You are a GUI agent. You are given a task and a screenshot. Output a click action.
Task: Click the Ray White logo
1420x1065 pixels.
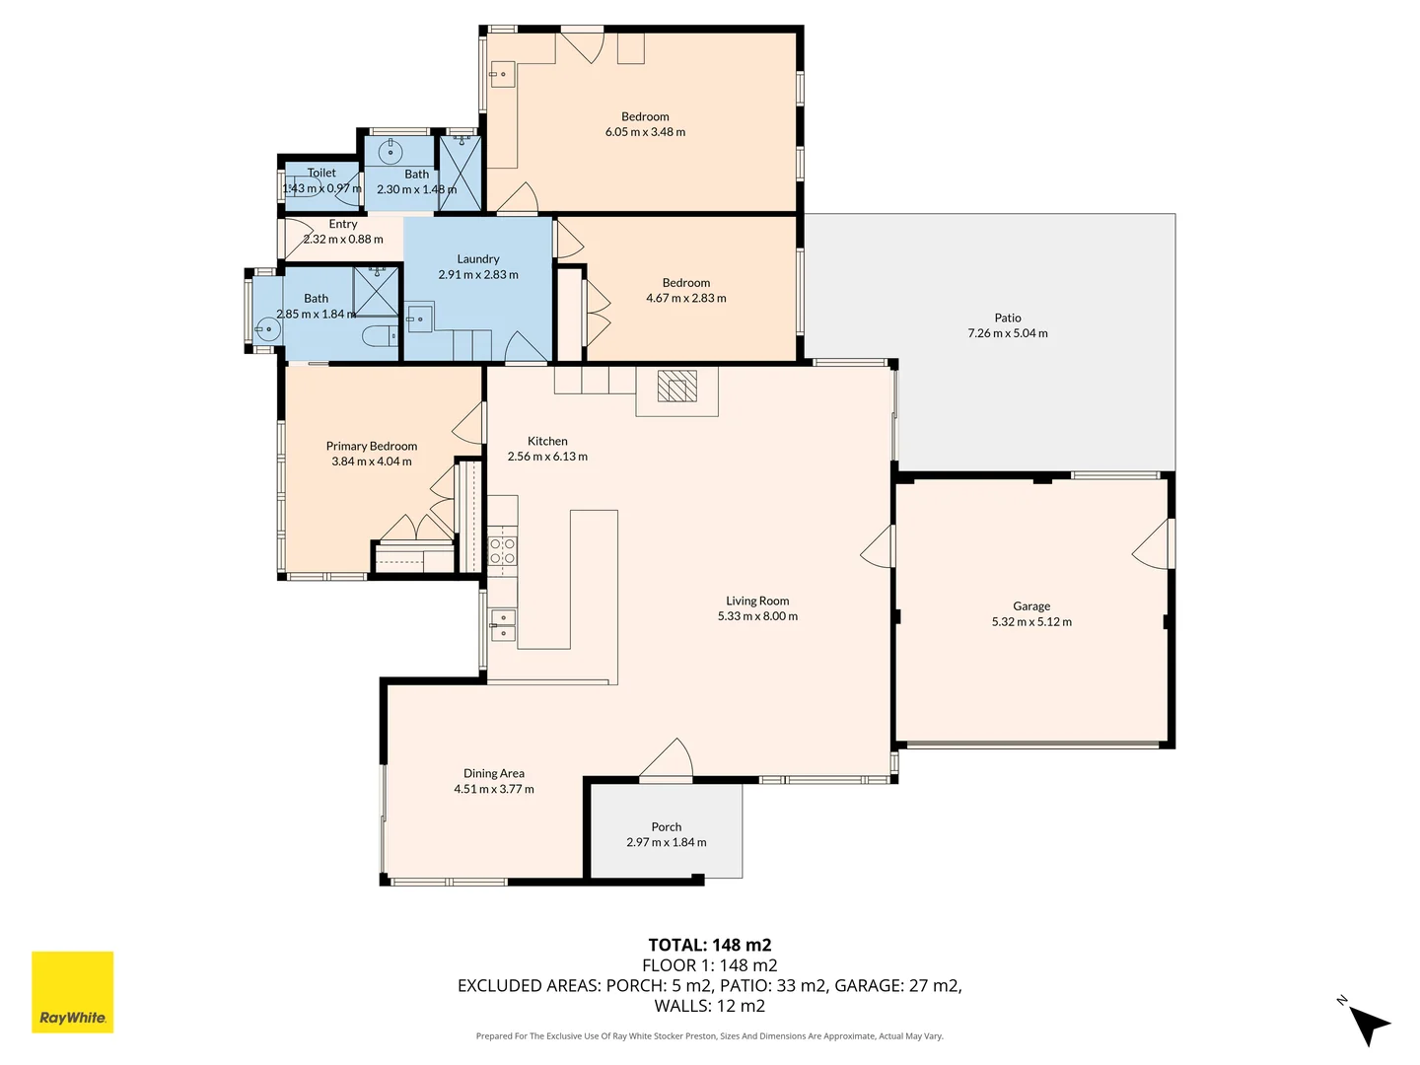pos(72,992)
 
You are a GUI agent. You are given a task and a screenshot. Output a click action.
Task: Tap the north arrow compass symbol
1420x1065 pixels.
pos(1367,1023)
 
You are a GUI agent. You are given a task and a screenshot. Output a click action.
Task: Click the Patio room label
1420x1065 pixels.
pos(1007,318)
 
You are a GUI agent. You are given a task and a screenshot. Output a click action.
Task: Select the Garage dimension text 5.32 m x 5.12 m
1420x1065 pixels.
pos(1030,622)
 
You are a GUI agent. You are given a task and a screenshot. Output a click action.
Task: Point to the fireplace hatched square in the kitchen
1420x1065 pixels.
pos(676,386)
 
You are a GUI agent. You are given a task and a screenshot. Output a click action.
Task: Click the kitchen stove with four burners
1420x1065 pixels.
pos(502,550)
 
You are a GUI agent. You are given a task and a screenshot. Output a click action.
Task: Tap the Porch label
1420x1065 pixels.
pos(666,826)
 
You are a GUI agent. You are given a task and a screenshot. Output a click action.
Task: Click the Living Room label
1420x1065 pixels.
pos(756,601)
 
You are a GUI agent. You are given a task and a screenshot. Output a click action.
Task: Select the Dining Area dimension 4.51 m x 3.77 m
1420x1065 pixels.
pos(493,789)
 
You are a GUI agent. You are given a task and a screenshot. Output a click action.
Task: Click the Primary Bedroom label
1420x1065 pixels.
pos(371,446)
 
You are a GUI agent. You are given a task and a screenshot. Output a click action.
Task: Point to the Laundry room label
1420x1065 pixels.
pos(477,258)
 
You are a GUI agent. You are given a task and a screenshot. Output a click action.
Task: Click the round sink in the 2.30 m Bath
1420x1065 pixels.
pos(391,151)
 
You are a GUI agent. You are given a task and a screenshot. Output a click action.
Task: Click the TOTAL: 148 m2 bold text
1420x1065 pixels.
pos(709,945)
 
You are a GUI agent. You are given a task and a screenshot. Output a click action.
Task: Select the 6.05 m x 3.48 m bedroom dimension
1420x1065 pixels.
pos(645,132)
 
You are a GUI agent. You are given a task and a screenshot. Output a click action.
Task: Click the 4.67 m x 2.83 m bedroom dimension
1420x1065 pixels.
pos(685,298)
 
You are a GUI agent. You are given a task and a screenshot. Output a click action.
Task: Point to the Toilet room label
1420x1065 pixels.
pos(321,173)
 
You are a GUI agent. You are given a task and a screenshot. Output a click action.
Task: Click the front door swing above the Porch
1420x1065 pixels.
pos(668,758)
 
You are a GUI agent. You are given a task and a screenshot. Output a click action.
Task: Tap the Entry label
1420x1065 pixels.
pos(342,224)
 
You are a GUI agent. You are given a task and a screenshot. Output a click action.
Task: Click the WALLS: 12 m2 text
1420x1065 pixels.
pos(709,1006)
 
